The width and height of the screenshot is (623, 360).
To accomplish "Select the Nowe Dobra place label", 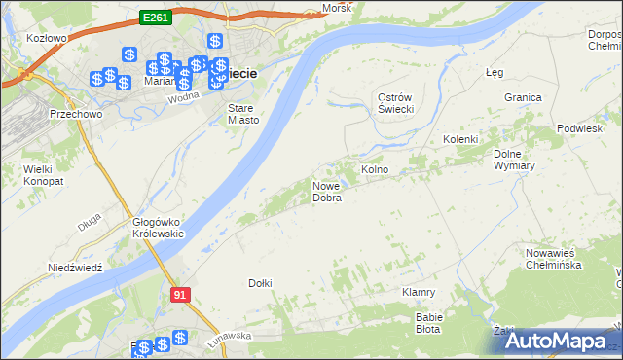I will coord(327,192).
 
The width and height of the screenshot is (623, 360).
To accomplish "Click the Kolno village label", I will coord(375,169).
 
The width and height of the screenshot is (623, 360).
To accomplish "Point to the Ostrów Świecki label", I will coord(396,103).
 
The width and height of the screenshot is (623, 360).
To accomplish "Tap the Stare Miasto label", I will coord(243,114).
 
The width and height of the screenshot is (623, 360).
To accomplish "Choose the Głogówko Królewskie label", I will coord(159,228).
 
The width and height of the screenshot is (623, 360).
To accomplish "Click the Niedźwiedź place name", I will coord(75,267).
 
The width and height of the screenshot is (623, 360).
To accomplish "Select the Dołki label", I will coord(260,283).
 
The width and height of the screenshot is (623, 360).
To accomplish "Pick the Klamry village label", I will coord(418,292).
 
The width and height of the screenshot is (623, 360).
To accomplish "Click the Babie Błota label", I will coord(428,323).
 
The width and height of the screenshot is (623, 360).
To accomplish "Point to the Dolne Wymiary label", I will coord(514,160).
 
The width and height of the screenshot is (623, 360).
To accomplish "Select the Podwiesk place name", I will coord(580,129).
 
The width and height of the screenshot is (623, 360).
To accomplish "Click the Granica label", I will coord(522,97).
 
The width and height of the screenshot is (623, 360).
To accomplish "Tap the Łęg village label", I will coord(494,72).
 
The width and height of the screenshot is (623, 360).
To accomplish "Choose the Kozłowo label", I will coord(47,39).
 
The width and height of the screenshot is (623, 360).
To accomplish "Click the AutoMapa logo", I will coord(556,342).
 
